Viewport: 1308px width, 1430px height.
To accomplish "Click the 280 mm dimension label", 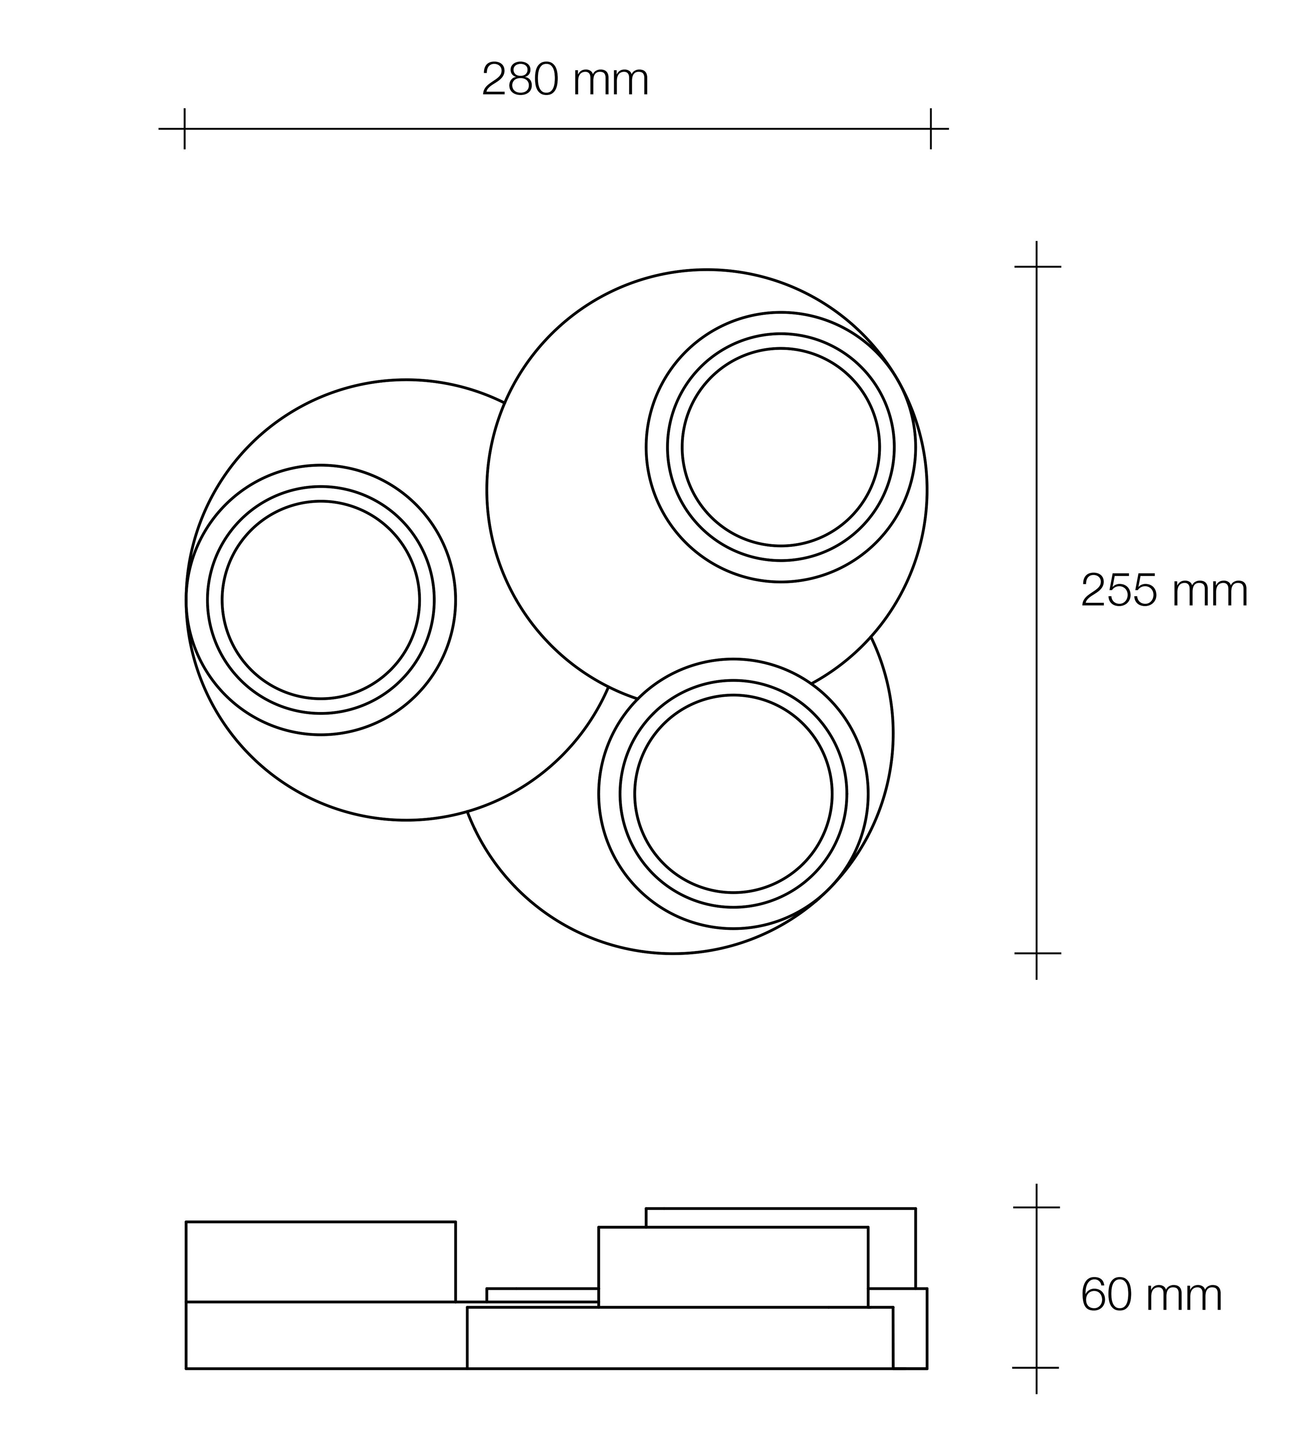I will coord(565,80).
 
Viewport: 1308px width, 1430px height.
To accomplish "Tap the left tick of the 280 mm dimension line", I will coord(184,129).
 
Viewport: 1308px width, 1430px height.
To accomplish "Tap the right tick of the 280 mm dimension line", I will coord(930,129).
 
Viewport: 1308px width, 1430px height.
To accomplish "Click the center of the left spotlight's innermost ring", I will coord(321,600).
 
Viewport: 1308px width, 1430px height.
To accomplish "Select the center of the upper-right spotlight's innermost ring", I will coord(780,447).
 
